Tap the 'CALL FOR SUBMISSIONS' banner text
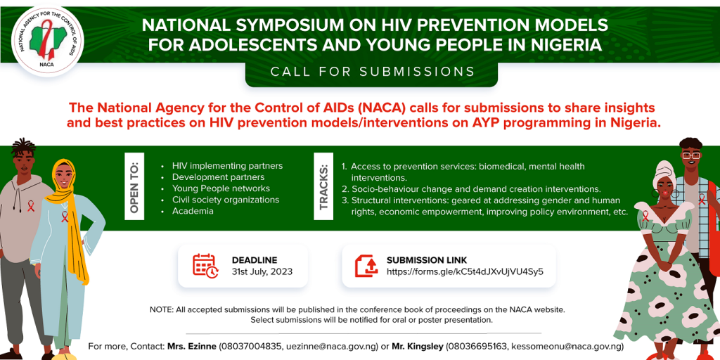tap(373, 72)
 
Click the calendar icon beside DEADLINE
tap(205, 265)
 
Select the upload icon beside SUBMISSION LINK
tap(366, 265)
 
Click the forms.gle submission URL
tap(465, 271)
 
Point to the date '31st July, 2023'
tap(262, 271)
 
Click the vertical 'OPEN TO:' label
tap(134, 186)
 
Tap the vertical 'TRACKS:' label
tap(323, 187)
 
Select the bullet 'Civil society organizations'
tap(226, 200)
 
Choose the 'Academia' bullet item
tap(193, 211)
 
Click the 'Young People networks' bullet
tap(221, 188)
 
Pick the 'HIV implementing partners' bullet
tap(227, 166)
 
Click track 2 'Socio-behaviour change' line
tap(475, 189)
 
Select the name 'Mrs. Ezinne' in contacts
tap(191, 346)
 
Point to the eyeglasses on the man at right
tap(690, 155)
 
